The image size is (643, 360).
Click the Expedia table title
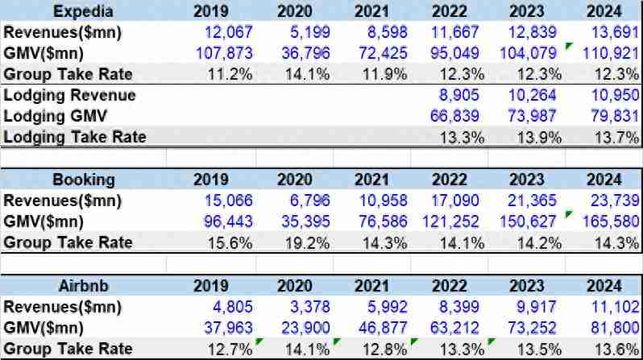tap(83, 11)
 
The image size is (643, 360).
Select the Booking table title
tap(83, 180)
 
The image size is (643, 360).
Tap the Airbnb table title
tap(83, 286)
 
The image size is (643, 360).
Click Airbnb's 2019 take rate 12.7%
tap(232, 349)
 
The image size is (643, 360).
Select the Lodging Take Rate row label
tap(76, 137)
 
